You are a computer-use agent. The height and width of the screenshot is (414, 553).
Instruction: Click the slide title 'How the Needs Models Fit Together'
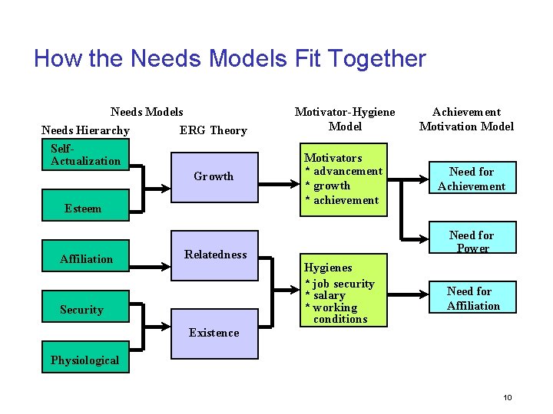[230, 59]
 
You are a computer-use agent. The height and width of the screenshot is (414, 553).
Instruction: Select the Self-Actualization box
[85, 155]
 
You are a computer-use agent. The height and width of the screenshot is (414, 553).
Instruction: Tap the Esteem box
[83, 208]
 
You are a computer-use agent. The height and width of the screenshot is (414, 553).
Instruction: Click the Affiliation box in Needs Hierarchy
[86, 259]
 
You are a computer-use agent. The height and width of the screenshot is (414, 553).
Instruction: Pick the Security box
[81, 310]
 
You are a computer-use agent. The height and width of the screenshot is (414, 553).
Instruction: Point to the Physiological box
[85, 360]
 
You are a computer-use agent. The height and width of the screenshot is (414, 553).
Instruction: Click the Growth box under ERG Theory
[214, 176]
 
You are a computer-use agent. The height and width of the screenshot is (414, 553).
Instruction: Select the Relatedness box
[215, 255]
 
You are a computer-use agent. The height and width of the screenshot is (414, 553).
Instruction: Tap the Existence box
[214, 333]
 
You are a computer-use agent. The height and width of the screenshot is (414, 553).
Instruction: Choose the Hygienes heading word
[328, 268]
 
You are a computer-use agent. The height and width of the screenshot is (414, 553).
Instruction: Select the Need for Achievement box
[472, 179]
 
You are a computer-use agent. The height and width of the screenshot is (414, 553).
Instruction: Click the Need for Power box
[472, 241]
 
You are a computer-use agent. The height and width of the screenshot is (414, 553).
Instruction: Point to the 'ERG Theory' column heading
[214, 130]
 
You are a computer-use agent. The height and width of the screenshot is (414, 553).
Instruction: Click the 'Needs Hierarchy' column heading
[85, 130]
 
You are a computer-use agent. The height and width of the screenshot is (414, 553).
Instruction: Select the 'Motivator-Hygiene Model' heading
[345, 119]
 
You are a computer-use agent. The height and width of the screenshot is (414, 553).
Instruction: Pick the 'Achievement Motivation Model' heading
[466, 119]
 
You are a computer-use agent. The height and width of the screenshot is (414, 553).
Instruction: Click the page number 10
[507, 397]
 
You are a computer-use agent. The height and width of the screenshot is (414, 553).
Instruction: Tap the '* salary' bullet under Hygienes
[326, 295]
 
